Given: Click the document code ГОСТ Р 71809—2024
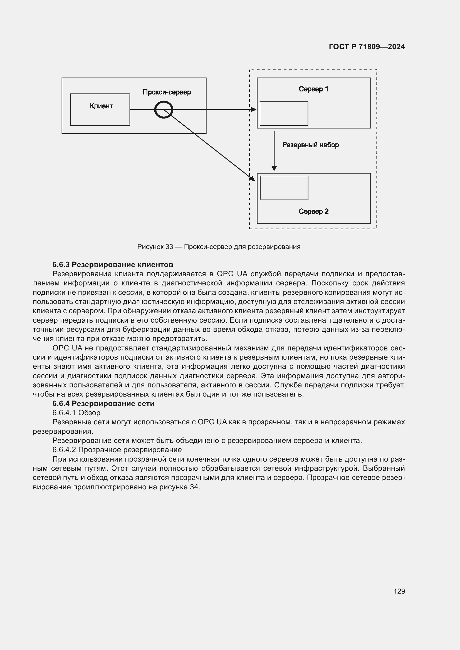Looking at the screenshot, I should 367,47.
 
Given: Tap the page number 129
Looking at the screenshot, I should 399,591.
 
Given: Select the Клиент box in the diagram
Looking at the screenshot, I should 100,109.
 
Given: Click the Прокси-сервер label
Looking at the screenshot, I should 167,92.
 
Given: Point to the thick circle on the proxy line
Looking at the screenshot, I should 164,109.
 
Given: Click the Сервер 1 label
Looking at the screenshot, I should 313,89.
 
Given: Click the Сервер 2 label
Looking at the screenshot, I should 313,211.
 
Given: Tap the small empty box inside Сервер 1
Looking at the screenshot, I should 284,114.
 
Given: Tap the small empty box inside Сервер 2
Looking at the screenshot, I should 284,188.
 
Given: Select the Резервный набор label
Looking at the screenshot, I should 310,145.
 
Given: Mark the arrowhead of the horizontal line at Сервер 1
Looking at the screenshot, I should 254,109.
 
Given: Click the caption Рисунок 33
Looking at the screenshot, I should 219,246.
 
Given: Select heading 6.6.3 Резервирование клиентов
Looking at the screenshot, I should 113,265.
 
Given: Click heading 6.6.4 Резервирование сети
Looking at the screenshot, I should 103,404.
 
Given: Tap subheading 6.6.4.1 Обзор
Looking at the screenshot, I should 76,413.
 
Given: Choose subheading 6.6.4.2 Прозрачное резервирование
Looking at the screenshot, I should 117,450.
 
